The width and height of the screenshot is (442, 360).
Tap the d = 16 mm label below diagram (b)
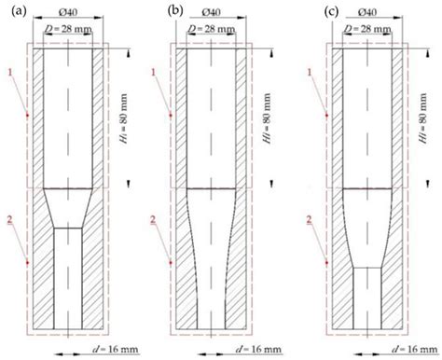(249, 352)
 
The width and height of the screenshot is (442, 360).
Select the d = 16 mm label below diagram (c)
(399, 352)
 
